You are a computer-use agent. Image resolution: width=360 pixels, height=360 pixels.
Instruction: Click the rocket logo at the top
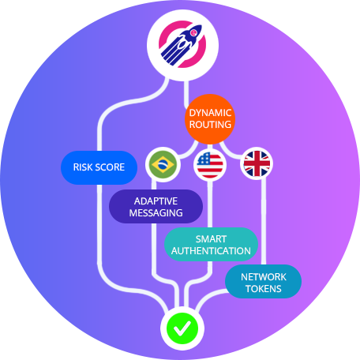pos(182,44)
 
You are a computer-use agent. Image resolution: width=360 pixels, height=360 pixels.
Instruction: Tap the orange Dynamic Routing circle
pos(210,119)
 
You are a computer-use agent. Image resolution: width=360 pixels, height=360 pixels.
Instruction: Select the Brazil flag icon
pos(163,164)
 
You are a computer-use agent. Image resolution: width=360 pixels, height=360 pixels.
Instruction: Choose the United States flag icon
pos(210,165)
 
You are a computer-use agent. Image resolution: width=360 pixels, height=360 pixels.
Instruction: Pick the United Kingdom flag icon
pos(257,163)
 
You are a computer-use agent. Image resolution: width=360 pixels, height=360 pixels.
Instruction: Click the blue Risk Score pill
pos(99,167)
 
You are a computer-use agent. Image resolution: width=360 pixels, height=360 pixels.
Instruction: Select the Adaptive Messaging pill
pos(156,207)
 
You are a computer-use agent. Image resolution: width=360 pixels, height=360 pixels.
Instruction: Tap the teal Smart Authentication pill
pos(211,245)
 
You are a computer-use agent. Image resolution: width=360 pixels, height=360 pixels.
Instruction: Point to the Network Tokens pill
pos(264,281)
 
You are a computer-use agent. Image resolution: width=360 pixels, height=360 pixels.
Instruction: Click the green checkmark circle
pos(182,328)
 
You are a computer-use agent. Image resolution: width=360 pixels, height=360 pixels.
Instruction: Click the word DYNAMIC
pos(210,113)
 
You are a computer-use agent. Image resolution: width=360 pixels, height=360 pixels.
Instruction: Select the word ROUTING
pos(210,125)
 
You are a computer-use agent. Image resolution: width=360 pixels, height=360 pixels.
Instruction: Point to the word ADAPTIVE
pos(156,201)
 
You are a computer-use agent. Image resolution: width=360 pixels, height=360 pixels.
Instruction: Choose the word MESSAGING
pos(156,213)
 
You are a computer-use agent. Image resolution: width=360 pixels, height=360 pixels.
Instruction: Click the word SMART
pos(211,239)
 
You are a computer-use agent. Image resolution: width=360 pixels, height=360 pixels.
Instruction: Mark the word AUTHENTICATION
pos(211,251)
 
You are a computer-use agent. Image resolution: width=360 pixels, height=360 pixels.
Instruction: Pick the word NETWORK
pos(264,277)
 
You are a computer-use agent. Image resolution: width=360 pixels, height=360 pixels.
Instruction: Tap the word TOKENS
pos(264,289)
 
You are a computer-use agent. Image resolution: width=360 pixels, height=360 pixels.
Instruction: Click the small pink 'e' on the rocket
pos(193,32)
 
